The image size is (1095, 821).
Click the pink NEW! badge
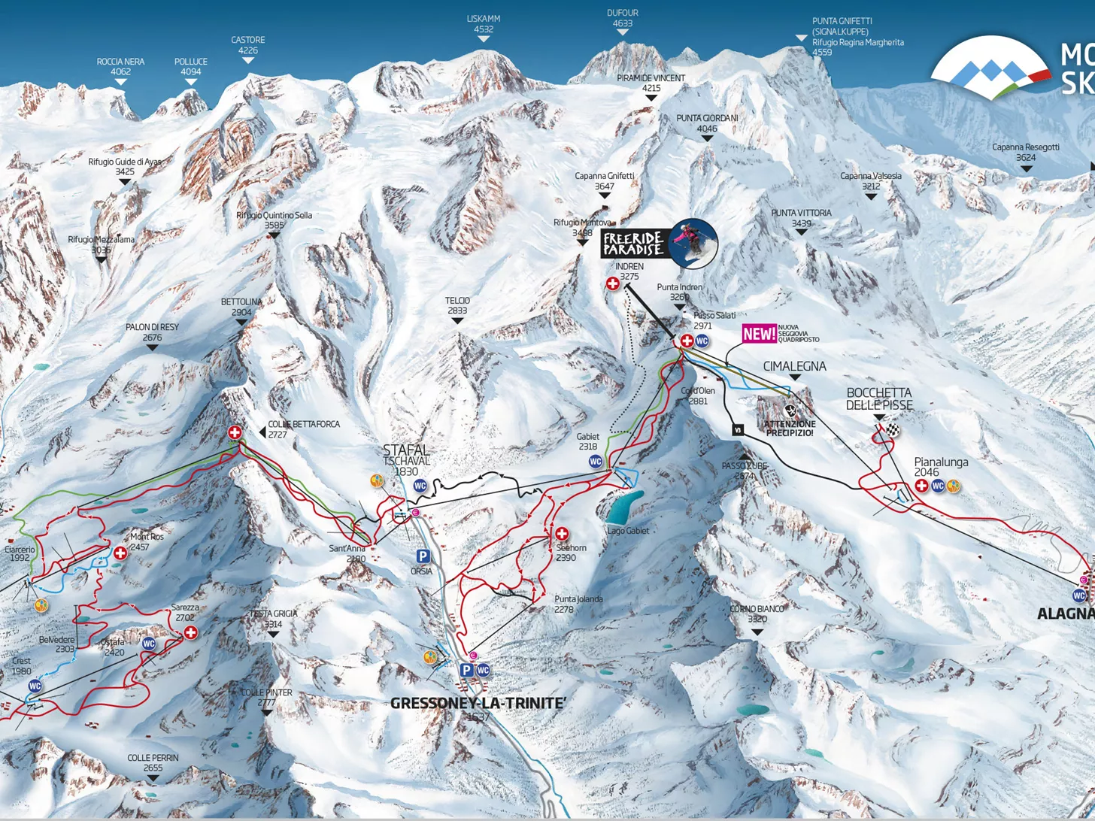pyautogui.click(x=759, y=334)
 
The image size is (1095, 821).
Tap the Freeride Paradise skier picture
pyautogui.click(x=693, y=244)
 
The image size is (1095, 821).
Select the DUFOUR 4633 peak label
pyautogui.click(x=623, y=18)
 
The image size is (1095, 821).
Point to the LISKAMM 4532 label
pyautogui.click(x=483, y=24)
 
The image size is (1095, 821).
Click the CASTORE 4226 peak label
pyautogui.click(x=247, y=45)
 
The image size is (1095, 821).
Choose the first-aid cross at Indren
pyautogui.click(x=613, y=283)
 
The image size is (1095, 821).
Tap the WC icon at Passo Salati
pyautogui.click(x=702, y=341)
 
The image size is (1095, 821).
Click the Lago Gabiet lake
pyautogui.click(x=624, y=507)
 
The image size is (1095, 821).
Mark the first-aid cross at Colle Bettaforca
pyautogui.click(x=235, y=432)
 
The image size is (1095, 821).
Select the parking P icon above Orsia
pyautogui.click(x=423, y=556)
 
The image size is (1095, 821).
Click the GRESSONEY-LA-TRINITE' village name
pyautogui.click(x=478, y=703)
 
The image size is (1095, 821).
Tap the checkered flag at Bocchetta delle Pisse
pyautogui.click(x=892, y=430)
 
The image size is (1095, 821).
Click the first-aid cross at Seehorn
pyautogui.click(x=562, y=534)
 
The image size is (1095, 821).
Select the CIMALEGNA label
pyautogui.click(x=794, y=366)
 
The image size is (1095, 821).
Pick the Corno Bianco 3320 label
pyautogui.click(x=757, y=613)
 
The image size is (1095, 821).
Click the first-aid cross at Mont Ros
pyautogui.click(x=120, y=553)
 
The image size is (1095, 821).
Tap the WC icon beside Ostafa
pyautogui.click(x=149, y=644)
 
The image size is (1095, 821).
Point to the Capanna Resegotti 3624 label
pyautogui.click(x=1026, y=152)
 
